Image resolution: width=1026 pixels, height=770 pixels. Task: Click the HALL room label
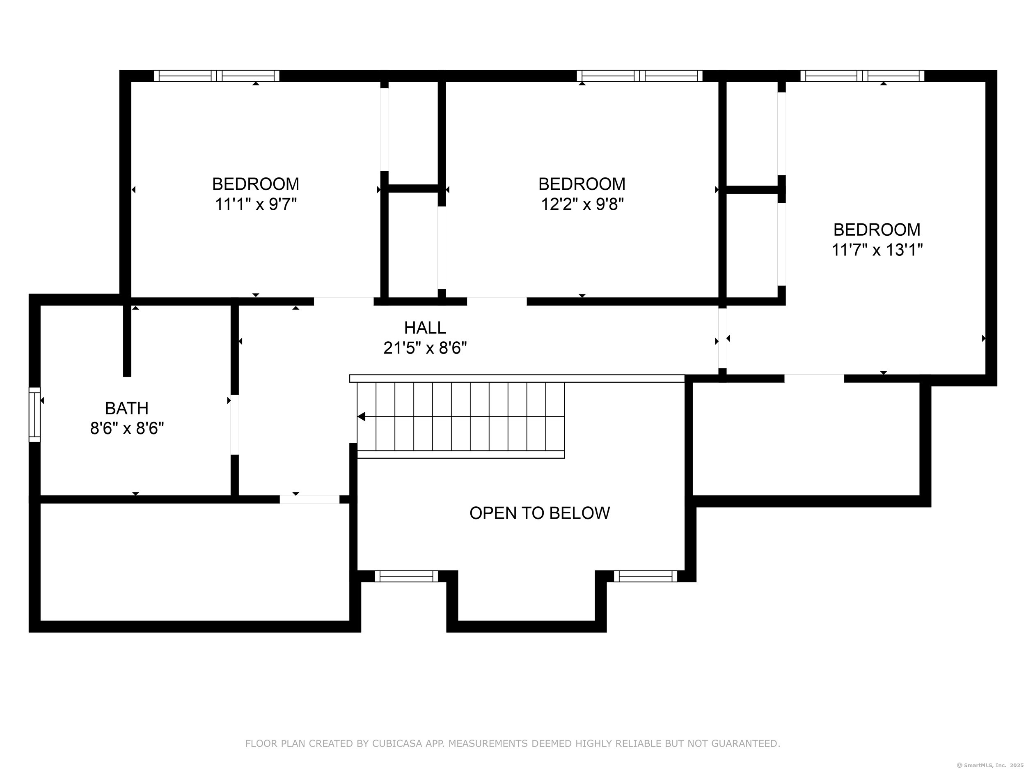click(425, 328)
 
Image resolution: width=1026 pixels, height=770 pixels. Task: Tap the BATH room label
click(127, 409)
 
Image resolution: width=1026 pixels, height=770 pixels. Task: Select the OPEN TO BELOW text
click(539, 513)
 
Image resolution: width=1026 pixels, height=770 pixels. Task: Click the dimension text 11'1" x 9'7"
click(256, 204)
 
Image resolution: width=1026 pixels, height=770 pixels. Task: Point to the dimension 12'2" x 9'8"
click(582, 204)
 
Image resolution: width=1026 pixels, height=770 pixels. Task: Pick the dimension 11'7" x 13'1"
click(877, 250)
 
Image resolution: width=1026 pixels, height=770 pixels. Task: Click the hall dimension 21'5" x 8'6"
click(425, 348)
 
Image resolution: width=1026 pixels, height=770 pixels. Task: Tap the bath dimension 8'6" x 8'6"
click(127, 428)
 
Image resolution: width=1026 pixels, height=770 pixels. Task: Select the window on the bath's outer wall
click(35, 414)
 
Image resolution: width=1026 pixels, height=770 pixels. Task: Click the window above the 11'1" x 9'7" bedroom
click(217, 76)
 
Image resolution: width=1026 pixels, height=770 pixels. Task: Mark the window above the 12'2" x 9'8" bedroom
click(640, 76)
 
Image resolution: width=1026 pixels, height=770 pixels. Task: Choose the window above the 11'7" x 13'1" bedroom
click(862, 76)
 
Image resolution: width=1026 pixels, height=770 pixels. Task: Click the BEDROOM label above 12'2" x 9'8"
click(582, 184)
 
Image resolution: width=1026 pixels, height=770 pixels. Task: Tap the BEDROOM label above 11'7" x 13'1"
click(877, 230)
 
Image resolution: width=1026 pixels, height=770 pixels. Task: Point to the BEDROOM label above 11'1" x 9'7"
click(256, 184)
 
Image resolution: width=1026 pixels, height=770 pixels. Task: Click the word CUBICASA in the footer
click(397, 744)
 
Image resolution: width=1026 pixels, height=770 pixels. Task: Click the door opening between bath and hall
click(235, 425)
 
